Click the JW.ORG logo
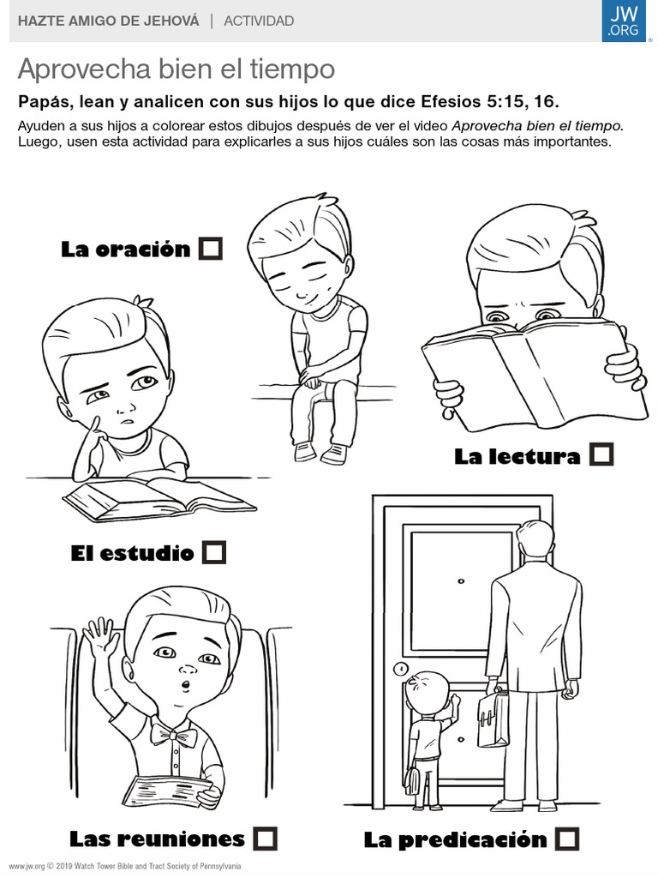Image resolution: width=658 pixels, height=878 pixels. pyautogui.click(x=624, y=21)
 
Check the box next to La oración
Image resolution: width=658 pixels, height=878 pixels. pyautogui.click(x=211, y=248)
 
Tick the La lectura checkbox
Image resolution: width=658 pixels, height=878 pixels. pyautogui.click(x=601, y=454)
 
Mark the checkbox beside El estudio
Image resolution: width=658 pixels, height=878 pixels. pyautogui.click(x=213, y=552)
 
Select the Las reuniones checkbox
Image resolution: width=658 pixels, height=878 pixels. pyautogui.click(x=265, y=839)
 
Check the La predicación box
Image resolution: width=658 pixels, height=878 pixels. pyautogui.click(x=567, y=839)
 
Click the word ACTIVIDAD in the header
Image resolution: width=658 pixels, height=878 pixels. pyautogui.click(x=259, y=21)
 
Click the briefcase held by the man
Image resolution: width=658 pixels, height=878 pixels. pyautogui.click(x=493, y=718)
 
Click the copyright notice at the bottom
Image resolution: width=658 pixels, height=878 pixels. pyautogui.click(x=125, y=866)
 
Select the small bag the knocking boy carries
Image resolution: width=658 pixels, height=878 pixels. pyautogui.click(x=411, y=779)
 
